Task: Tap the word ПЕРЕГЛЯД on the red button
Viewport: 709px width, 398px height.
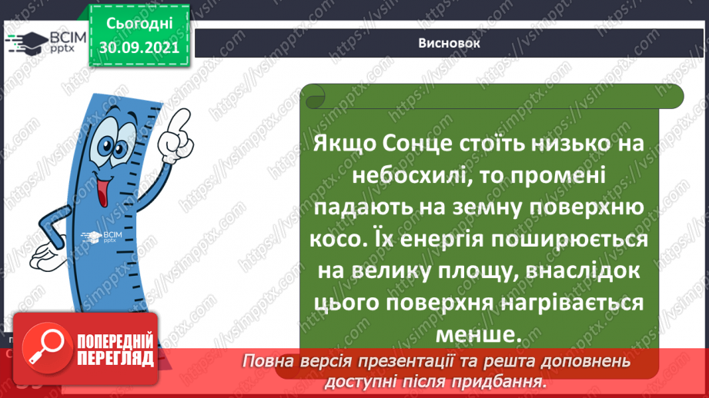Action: tap(114, 357)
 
